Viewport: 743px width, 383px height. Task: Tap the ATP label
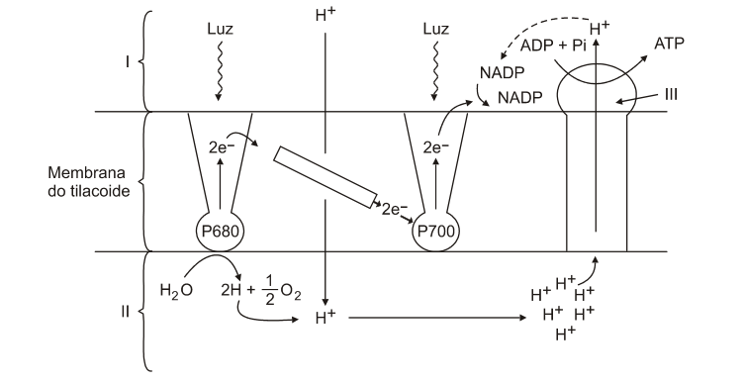[669, 44]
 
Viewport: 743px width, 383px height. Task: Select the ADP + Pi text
[553, 46]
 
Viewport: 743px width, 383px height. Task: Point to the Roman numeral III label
[671, 94]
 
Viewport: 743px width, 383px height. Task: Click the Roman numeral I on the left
[127, 61]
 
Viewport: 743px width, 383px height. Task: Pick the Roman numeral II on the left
[125, 312]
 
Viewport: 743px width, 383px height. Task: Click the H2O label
[176, 290]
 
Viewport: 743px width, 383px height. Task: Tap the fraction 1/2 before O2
[270, 290]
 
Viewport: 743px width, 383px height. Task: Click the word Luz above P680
[221, 29]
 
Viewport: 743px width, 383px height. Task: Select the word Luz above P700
[435, 29]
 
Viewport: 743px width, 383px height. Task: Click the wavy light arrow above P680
[219, 70]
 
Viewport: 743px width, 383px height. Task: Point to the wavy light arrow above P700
[434, 70]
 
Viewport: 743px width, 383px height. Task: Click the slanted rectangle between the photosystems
[325, 177]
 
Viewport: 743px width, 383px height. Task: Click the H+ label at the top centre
[325, 15]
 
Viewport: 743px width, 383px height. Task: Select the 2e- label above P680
[222, 147]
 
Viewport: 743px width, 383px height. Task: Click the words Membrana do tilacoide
[89, 181]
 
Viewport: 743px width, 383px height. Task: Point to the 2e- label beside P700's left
[394, 209]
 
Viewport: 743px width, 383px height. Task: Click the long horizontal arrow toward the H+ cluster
[437, 318]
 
